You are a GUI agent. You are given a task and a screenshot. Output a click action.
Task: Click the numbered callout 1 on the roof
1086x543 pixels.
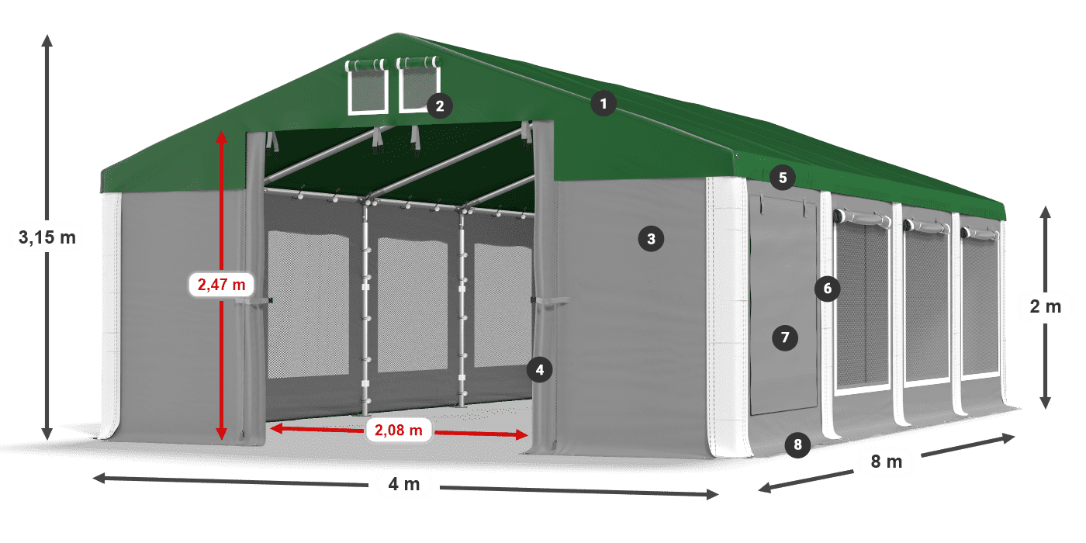(604, 103)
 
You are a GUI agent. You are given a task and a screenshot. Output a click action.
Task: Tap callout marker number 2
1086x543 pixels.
(439, 105)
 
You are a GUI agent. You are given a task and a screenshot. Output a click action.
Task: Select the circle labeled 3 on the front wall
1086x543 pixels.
(651, 239)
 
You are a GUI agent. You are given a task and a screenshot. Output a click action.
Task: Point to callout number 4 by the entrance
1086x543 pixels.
(540, 370)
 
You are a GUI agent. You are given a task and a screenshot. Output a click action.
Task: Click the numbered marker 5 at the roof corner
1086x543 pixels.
(782, 178)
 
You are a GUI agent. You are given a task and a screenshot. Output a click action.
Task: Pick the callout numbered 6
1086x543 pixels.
(827, 289)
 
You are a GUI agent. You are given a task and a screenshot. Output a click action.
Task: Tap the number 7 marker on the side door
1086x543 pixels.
(785, 337)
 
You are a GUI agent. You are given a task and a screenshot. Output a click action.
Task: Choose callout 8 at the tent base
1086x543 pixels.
(797, 444)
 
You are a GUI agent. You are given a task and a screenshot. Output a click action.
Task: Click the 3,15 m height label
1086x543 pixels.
(47, 238)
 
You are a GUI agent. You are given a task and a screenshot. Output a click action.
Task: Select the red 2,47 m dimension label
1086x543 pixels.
(221, 285)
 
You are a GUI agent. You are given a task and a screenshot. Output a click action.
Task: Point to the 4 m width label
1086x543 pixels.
(403, 485)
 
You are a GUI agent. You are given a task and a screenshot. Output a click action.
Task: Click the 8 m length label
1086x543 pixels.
(887, 462)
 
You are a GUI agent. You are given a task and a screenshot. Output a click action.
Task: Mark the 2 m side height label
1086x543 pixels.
(1045, 306)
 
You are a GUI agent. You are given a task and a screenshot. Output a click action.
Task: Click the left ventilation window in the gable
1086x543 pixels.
(368, 86)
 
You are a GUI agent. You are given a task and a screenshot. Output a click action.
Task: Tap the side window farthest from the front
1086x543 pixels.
(977, 303)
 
